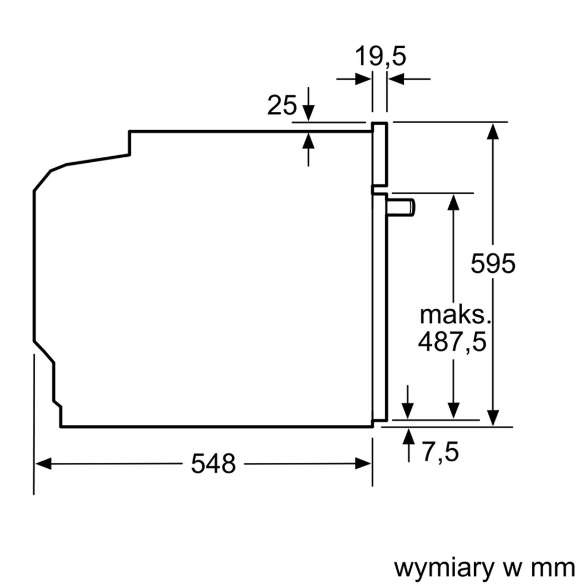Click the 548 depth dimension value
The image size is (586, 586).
[213, 464]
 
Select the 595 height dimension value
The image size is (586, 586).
[493, 264]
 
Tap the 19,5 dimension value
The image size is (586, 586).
[380, 56]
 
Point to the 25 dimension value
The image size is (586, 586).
[282, 106]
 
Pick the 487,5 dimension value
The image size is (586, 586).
[452, 342]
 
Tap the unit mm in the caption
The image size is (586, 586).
[553, 568]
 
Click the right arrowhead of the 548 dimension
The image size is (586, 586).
[364, 464]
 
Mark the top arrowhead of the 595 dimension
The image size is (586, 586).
[493, 131]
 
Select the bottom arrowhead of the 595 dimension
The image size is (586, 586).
[493, 418]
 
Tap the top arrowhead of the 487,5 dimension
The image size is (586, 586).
[454, 201]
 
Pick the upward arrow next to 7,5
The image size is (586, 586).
[408, 436]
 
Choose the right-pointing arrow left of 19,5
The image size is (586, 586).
[363, 79]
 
